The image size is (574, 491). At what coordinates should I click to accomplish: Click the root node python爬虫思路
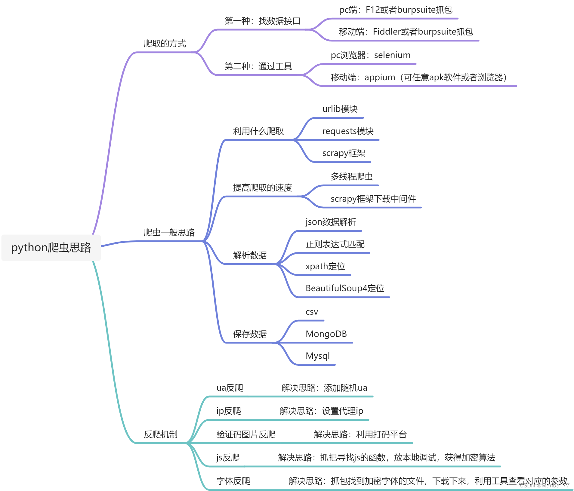click(51, 248)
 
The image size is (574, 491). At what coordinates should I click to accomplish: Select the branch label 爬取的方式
click(165, 44)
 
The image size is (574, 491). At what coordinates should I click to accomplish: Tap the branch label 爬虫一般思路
click(169, 232)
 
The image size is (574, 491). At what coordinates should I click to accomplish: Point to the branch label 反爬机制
click(161, 434)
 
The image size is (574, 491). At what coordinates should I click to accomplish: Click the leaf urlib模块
click(340, 109)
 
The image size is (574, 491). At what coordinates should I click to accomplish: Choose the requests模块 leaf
click(348, 131)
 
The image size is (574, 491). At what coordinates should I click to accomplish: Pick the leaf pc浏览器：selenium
click(370, 55)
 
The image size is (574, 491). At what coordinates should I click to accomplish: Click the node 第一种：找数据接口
click(262, 21)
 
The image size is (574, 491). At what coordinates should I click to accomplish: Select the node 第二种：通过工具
click(258, 66)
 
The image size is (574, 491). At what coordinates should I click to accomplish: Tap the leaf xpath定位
click(325, 266)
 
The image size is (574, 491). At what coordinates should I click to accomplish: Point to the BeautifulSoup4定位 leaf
click(345, 288)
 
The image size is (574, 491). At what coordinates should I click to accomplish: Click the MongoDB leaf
click(326, 334)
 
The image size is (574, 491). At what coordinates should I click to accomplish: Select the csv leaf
click(312, 312)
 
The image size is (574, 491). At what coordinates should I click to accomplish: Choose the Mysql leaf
click(318, 356)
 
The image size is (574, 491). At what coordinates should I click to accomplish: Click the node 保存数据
click(250, 334)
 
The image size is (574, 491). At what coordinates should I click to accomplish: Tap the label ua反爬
click(230, 388)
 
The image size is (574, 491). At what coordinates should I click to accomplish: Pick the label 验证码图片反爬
click(246, 434)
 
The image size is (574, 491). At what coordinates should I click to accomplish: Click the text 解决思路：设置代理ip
click(321, 411)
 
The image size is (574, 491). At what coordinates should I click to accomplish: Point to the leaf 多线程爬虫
click(352, 176)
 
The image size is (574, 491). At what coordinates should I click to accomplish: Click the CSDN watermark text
click(544, 485)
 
